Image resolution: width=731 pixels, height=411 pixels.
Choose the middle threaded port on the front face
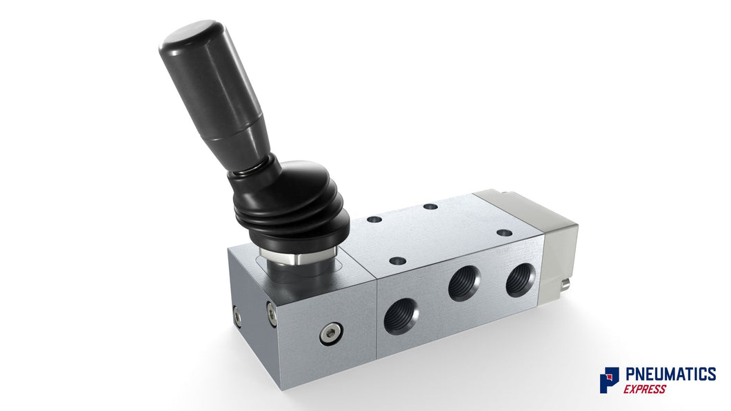(x=462, y=284)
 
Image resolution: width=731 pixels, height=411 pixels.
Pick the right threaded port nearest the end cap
(x=519, y=279)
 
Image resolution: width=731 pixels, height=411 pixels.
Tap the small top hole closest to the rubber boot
(x=374, y=219)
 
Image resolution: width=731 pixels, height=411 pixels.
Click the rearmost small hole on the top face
(x=430, y=206)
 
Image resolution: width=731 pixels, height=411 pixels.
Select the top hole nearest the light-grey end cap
(x=505, y=232)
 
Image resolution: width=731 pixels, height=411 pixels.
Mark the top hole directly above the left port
(x=397, y=261)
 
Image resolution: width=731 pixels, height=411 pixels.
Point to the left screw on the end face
(x=237, y=317)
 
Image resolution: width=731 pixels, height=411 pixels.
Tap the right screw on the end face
(x=272, y=314)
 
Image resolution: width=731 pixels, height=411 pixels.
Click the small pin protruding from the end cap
(x=566, y=282)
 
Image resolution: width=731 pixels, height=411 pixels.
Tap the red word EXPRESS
(x=645, y=389)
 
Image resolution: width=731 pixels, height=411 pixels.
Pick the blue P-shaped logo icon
(x=609, y=380)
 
